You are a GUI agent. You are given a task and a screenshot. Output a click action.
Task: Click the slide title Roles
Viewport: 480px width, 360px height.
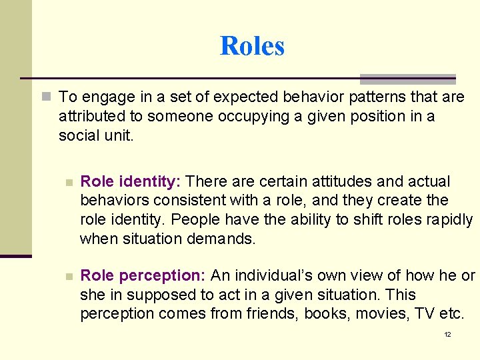(252, 46)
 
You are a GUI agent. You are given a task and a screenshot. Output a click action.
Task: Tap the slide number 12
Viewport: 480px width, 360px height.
(447, 334)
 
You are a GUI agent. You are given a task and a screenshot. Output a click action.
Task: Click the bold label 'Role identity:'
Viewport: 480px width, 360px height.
(131, 181)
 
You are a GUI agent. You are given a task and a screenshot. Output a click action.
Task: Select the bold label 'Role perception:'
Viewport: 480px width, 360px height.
(144, 276)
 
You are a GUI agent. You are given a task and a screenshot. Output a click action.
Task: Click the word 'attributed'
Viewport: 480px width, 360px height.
(91, 116)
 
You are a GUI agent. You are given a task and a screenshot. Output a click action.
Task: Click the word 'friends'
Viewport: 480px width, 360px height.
(274, 314)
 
